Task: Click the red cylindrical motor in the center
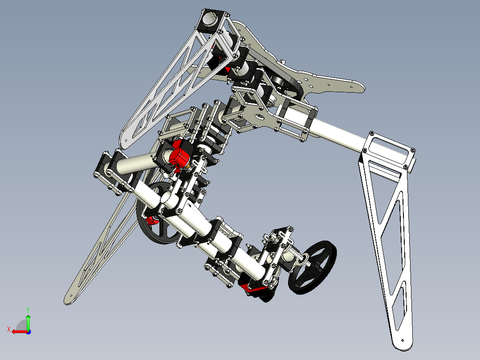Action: pos(179,154)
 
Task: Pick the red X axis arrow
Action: pos(18,331)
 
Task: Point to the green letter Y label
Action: pos(28,309)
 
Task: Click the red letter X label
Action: pos(8,330)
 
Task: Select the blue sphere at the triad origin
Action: pos(28,331)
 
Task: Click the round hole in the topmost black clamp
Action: pos(210,19)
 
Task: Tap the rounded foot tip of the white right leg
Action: pos(403,343)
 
